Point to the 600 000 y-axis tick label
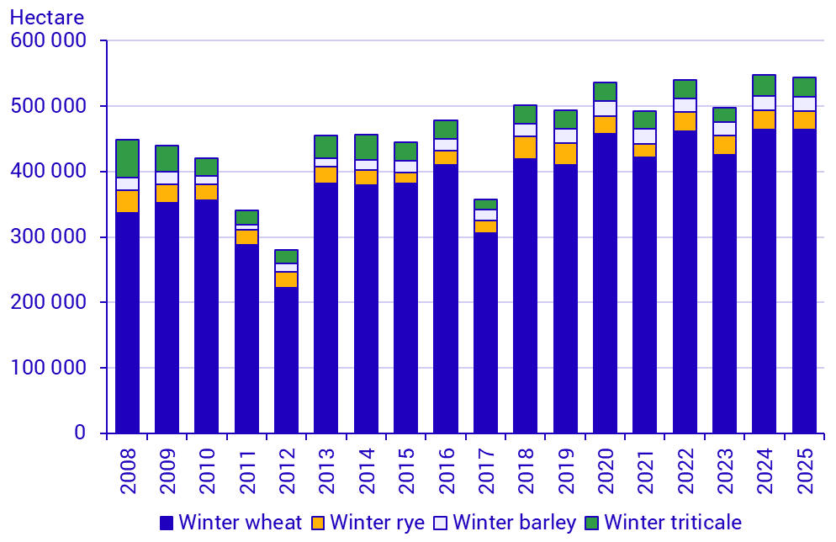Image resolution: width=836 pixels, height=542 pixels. (x=50, y=40)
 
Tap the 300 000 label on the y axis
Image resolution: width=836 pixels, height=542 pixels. (x=50, y=237)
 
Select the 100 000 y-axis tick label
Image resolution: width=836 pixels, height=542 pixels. (x=50, y=368)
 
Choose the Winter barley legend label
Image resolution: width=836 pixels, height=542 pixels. (x=514, y=523)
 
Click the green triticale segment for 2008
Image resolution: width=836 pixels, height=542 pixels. (x=128, y=158)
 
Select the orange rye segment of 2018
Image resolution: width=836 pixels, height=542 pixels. (x=526, y=147)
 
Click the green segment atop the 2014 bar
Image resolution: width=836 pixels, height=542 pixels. (x=367, y=147)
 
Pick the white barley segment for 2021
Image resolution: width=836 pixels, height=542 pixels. (x=645, y=136)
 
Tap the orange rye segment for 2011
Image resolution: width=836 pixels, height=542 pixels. (x=247, y=237)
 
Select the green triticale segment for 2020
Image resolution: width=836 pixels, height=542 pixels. (x=606, y=92)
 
